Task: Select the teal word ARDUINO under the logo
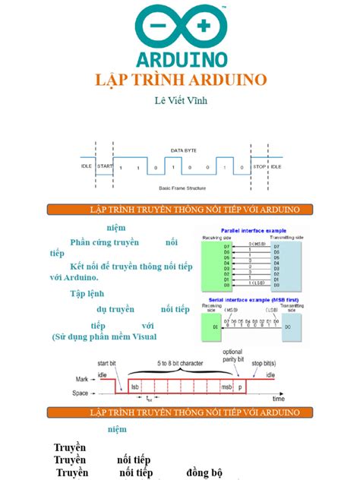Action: [x=180, y=58]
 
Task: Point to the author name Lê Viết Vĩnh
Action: [x=179, y=100]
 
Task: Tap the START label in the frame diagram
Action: [x=105, y=166]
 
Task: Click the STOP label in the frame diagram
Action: [x=259, y=166]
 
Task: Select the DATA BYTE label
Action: [x=182, y=150]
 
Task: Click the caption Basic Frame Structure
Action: [x=182, y=188]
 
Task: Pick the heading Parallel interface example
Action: [x=253, y=230]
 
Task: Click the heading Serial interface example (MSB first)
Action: [x=252, y=301]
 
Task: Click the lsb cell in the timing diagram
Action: [x=135, y=386]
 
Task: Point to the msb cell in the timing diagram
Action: [x=226, y=386]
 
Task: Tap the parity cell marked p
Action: [x=242, y=386]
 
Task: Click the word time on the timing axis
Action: [x=279, y=397]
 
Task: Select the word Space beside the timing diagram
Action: [x=81, y=393]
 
